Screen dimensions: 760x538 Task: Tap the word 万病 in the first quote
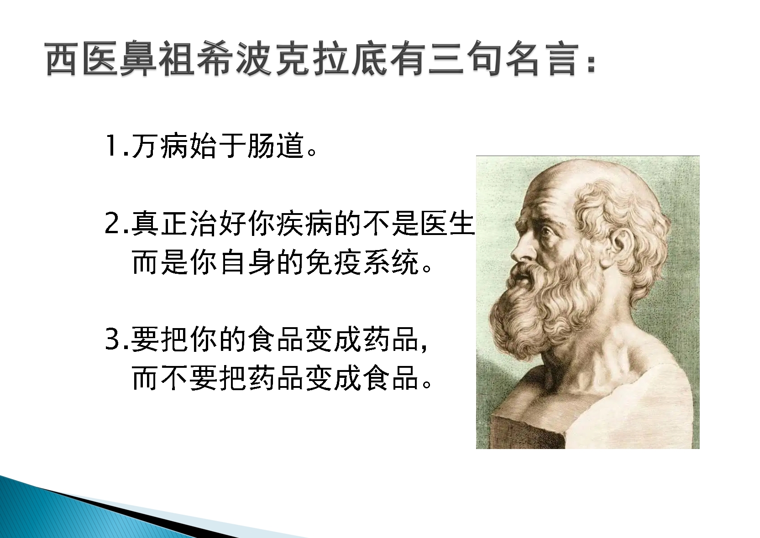[x=160, y=146]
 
